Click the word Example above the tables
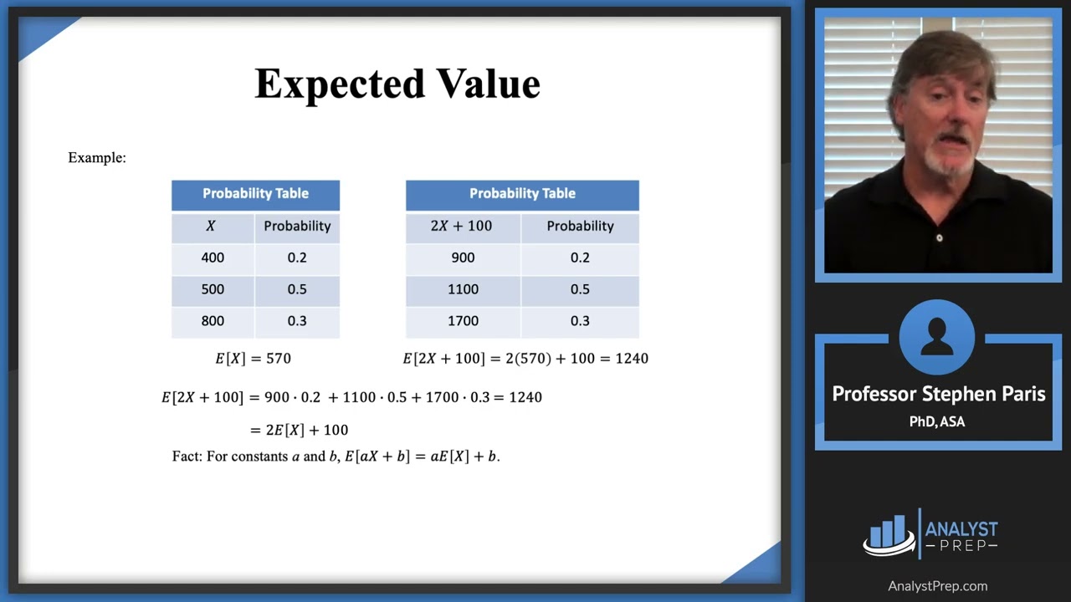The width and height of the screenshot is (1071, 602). pyautogui.click(x=95, y=157)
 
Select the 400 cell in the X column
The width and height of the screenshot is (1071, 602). pyautogui.click(x=213, y=258)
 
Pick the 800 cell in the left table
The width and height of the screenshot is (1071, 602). pyautogui.click(x=213, y=321)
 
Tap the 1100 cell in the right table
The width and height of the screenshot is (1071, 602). pyautogui.click(x=463, y=289)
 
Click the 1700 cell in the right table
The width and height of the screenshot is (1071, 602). pyautogui.click(x=463, y=321)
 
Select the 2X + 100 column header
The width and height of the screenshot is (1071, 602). pyautogui.click(x=461, y=226)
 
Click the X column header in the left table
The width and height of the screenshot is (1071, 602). pyautogui.click(x=211, y=226)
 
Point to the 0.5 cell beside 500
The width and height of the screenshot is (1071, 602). pyautogui.click(x=297, y=289)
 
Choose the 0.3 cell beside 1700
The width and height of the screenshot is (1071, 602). pyautogui.click(x=580, y=321)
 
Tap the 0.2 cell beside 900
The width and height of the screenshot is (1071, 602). pyautogui.click(x=580, y=258)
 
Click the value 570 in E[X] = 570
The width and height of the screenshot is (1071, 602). pyautogui.click(x=278, y=359)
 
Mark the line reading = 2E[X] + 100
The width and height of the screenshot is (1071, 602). pyautogui.click(x=299, y=430)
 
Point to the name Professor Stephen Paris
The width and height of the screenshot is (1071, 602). pyautogui.click(x=938, y=394)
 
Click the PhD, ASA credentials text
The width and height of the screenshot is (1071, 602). pyautogui.click(x=937, y=422)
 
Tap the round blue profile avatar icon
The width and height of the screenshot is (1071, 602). pyautogui.click(x=937, y=338)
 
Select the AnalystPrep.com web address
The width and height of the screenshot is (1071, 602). pyautogui.click(x=937, y=586)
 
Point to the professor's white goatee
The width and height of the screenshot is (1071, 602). pyautogui.click(x=950, y=159)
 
